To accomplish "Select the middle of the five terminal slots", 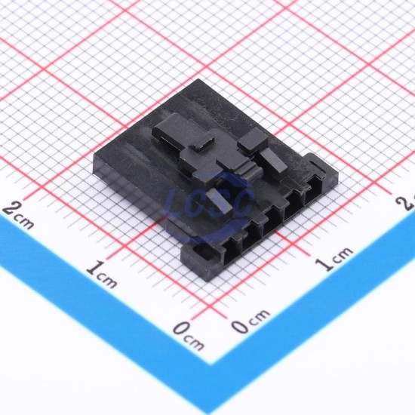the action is coord(273,222).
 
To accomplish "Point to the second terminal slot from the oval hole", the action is coord(252,236).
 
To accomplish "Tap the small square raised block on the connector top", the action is coord(253,140).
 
